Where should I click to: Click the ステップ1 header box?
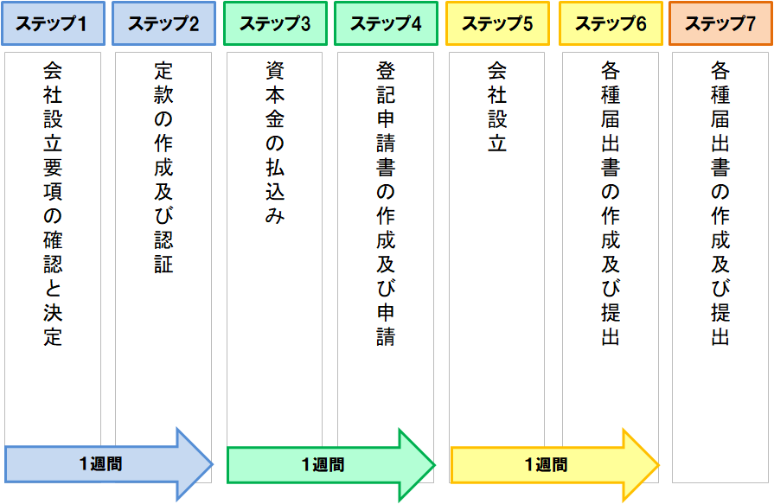53,23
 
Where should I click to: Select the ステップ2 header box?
163,23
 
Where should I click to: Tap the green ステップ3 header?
275,23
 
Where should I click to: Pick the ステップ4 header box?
386,23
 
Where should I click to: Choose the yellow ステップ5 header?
497,23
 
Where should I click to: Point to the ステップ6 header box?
611,23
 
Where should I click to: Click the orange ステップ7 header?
720,23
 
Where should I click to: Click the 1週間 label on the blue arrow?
100,464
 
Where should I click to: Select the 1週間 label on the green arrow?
323,465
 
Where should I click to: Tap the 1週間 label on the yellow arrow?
546,465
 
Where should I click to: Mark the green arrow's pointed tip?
433,465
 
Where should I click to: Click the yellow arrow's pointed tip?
657,465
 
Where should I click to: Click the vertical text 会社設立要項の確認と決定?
53,203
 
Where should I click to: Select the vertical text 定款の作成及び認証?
163,167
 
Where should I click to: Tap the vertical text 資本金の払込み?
275,143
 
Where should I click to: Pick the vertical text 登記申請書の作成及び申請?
386,203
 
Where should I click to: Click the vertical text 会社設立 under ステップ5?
497,106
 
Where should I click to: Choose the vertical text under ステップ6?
611,203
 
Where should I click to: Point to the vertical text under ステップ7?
720,203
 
